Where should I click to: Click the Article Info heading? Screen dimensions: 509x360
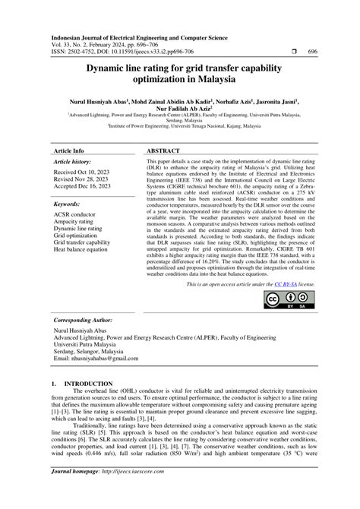[x=69, y=130]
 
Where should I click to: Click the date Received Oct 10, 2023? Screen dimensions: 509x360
[x=87, y=152]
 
